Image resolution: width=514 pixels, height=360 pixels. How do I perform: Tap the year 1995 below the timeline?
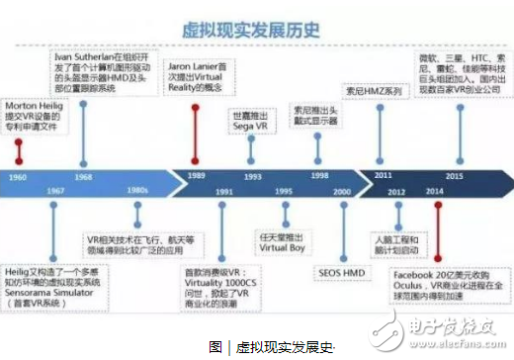[283, 191]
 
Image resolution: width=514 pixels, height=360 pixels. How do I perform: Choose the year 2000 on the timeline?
[340, 191]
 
